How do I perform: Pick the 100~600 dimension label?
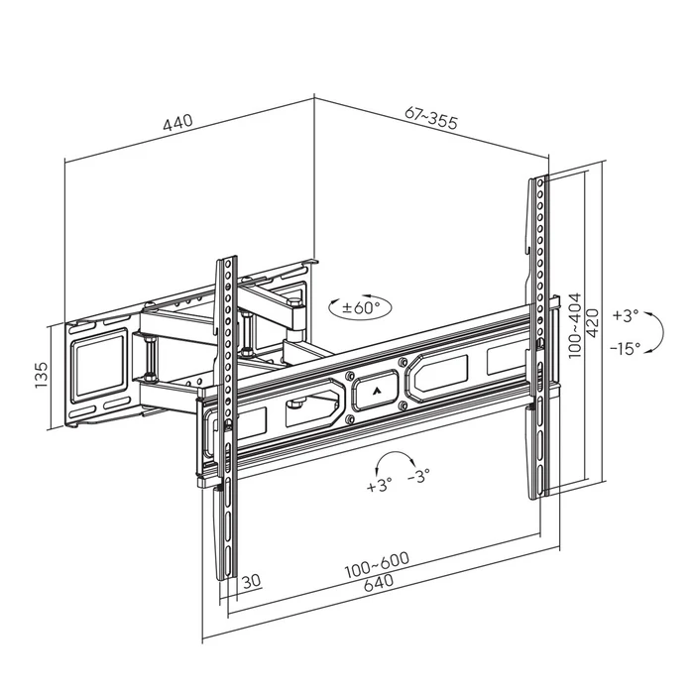point(377,562)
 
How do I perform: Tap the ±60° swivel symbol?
point(356,306)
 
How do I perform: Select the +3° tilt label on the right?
point(626,316)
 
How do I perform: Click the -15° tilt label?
point(626,347)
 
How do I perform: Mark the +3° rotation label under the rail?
point(379,485)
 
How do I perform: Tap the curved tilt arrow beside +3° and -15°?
point(655,331)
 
